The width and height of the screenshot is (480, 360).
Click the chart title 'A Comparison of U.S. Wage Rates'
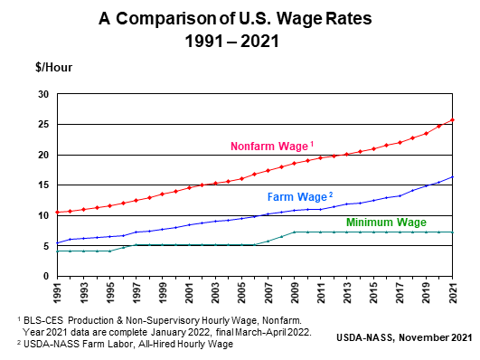235,19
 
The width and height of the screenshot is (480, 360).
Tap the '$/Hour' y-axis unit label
54,68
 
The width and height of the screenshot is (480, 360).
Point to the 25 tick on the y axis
43,125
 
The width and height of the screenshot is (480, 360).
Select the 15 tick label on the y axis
43,185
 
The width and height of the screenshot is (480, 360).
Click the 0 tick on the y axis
46,276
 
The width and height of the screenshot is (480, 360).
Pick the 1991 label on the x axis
57,293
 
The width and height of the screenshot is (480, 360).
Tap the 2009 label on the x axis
295,293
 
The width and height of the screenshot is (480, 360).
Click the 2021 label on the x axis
453,293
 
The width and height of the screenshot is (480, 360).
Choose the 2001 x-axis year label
189,293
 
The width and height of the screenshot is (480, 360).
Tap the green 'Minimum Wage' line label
386,223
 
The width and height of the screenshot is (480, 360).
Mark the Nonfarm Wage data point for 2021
452,119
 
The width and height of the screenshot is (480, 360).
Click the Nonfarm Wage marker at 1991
57,212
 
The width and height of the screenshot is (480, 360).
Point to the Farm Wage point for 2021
452,176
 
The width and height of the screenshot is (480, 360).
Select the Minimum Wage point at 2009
295,232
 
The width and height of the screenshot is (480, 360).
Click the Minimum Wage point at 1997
136,244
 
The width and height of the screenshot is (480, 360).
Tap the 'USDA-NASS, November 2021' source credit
404,337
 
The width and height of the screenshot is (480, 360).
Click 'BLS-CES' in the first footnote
43,320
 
